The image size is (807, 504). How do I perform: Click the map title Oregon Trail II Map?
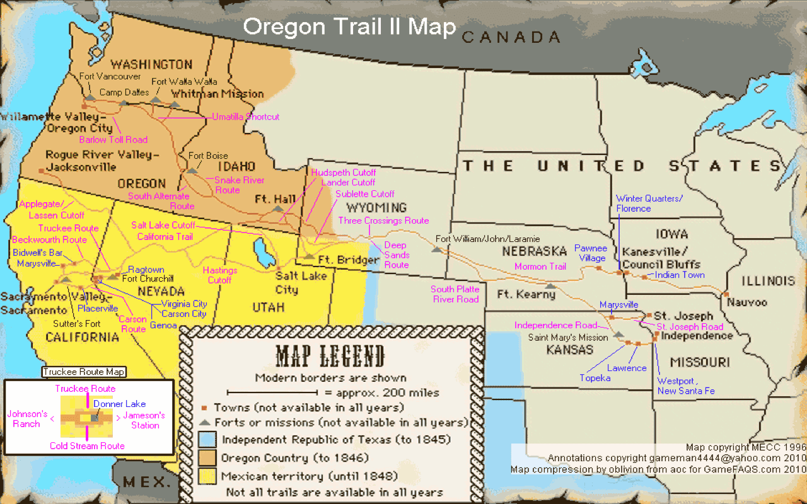349,27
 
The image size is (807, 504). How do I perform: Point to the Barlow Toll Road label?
113,140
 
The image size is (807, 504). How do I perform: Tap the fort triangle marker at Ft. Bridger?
309,256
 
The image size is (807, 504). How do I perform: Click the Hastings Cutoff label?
219,275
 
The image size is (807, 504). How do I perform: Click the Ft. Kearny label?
526,294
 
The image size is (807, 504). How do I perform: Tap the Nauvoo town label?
747,302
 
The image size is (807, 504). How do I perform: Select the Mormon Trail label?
540,267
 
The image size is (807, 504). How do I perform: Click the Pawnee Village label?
590,253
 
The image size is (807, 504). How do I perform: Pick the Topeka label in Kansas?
595,378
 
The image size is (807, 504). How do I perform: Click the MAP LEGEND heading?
330,357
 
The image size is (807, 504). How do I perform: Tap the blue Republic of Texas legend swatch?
207,439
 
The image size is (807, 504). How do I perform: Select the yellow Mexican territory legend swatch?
207,476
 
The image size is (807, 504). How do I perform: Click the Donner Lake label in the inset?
120,404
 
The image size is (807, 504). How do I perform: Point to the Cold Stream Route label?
88,446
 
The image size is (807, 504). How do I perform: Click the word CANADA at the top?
511,37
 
